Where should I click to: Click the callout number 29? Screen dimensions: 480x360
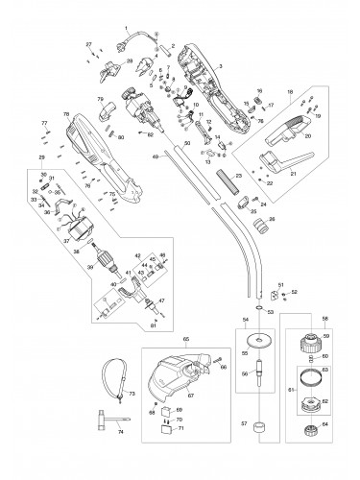41,156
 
